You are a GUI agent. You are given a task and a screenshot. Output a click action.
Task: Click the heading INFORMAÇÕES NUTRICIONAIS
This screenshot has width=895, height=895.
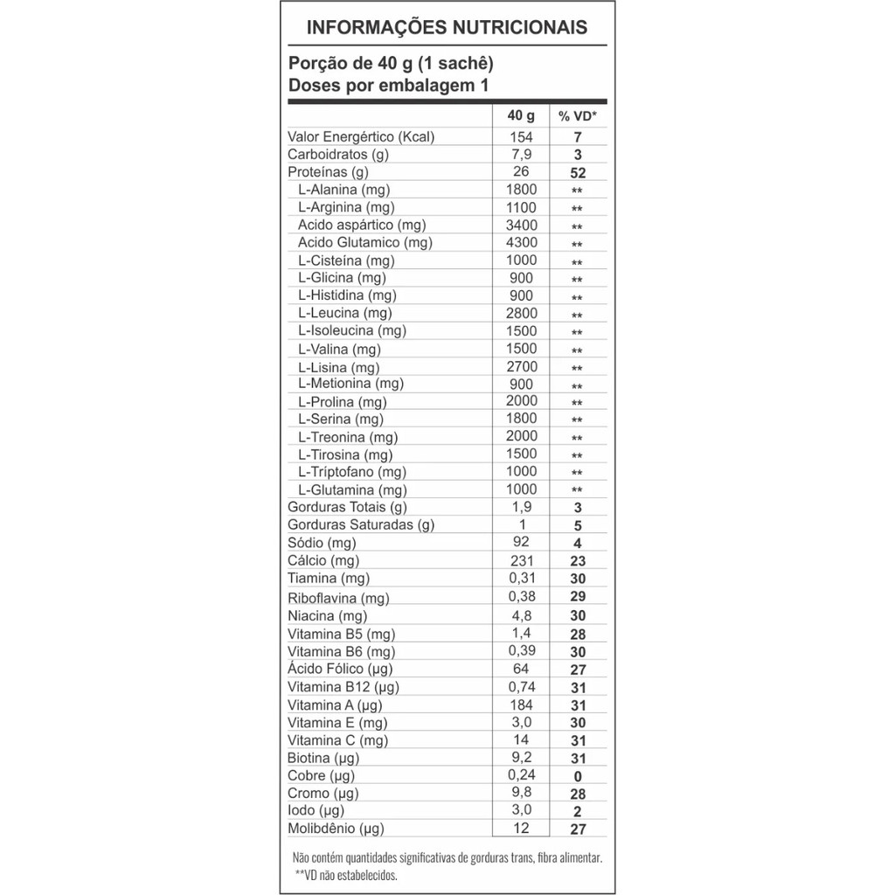[x=447, y=27]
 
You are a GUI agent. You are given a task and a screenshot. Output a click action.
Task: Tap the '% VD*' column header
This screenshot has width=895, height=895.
[x=578, y=116]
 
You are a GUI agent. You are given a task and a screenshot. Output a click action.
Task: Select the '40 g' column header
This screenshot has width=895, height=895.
[x=521, y=115]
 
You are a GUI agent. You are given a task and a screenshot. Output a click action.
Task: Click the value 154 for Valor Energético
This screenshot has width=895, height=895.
[x=521, y=136]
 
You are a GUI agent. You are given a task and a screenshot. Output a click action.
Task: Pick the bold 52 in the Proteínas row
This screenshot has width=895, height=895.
[x=577, y=173]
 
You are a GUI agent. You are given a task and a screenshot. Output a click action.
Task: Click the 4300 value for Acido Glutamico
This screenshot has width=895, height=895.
[x=521, y=242]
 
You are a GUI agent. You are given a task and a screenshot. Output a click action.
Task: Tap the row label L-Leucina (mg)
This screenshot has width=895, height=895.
[x=344, y=313]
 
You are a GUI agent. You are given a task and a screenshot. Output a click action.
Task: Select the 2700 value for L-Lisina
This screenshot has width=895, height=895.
[x=521, y=366]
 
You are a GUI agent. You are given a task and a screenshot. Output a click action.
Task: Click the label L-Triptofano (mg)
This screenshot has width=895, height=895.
[x=352, y=472]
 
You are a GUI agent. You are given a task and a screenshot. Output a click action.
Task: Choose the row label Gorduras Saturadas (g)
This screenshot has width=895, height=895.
[x=361, y=525]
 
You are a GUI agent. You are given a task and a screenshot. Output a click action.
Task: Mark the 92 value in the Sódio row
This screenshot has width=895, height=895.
[x=521, y=542]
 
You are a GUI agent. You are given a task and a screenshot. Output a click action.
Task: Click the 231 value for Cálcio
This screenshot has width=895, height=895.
[x=521, y=560]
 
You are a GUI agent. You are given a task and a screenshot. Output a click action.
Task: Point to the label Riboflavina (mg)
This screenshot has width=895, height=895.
[x=338, y=599]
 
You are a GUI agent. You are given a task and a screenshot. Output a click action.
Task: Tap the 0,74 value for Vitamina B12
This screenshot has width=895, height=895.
[x=521, y=687]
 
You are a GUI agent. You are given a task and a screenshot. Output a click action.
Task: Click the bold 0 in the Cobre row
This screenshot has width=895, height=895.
[x=577, y=777]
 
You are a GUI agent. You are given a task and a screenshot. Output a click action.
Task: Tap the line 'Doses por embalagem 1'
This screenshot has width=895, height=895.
[x=387, y=86]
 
